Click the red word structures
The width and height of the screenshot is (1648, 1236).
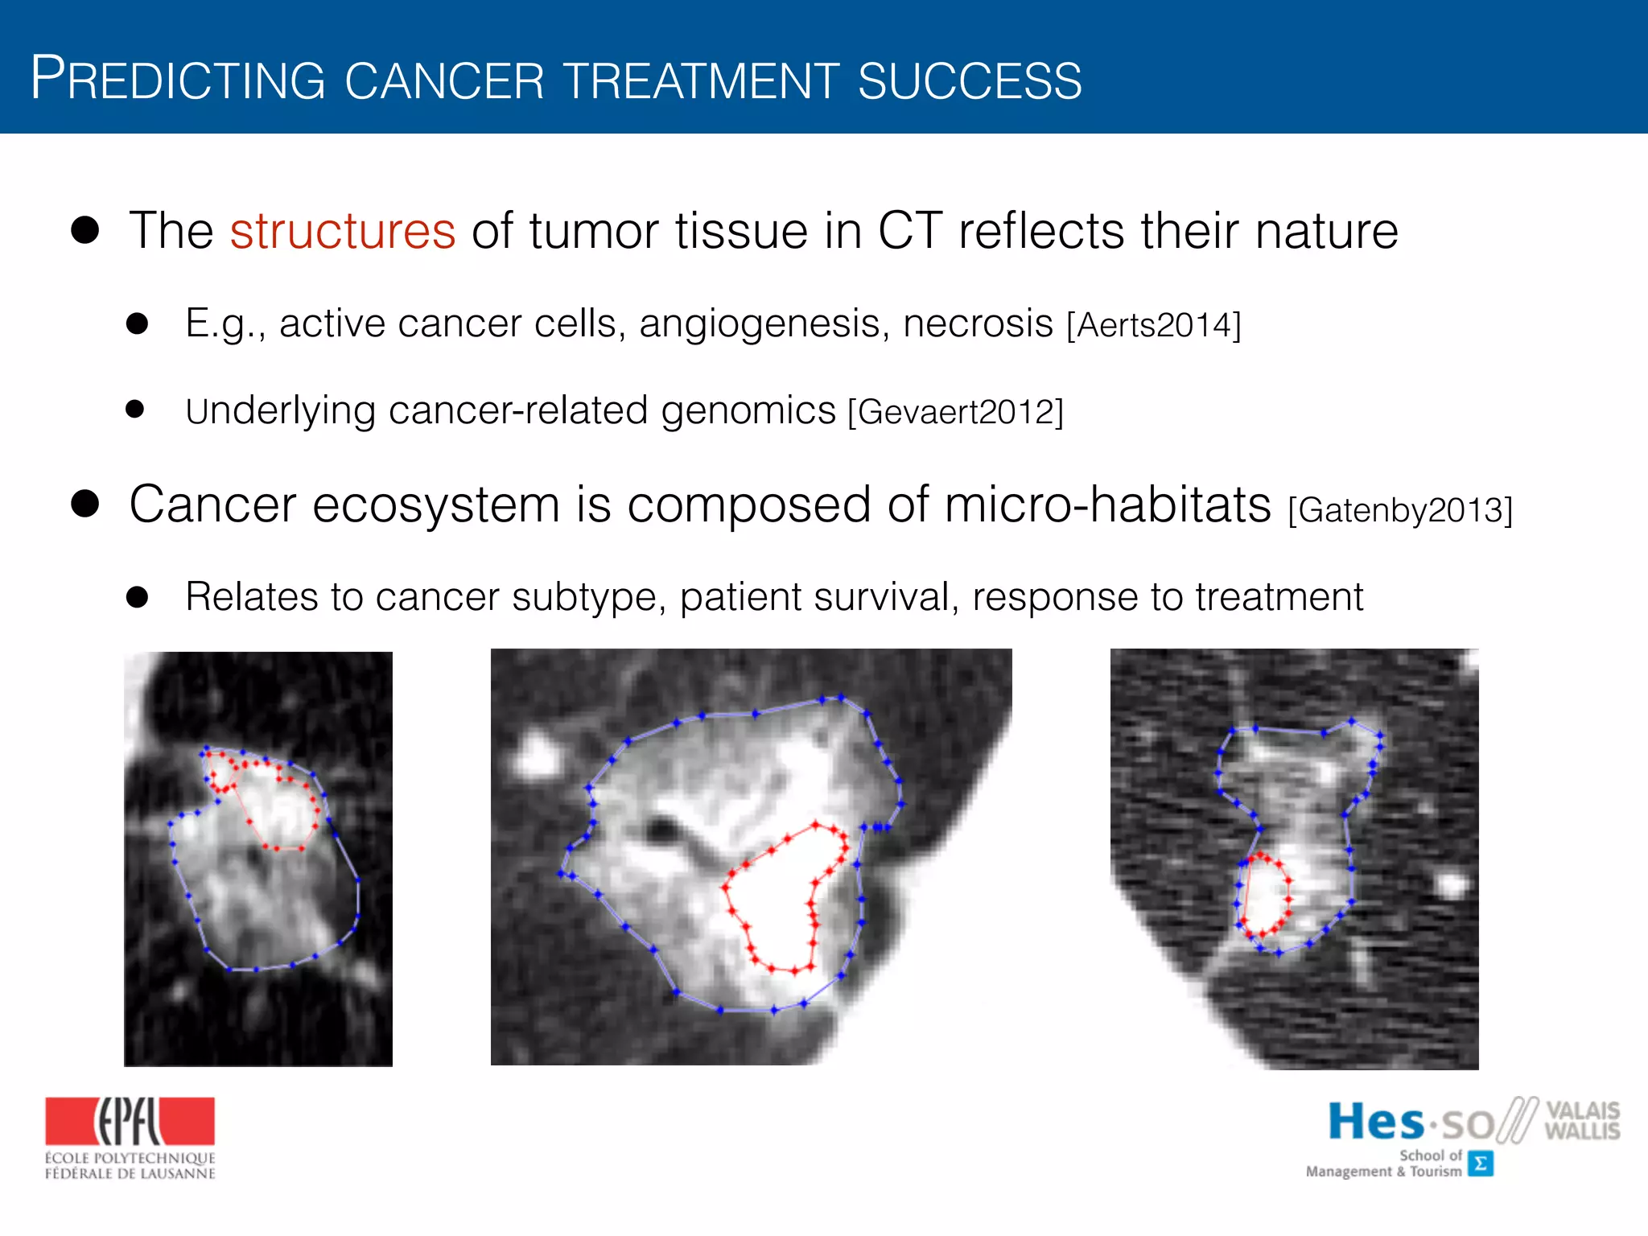(x=343, y=232)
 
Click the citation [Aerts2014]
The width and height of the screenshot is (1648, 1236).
(x=1154, y=326)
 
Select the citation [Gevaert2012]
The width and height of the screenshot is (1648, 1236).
(x=955, y=412)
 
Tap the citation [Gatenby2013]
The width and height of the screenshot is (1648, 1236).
(x=1400, y=510)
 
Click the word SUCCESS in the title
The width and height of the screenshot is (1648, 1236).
(x=970, y=81)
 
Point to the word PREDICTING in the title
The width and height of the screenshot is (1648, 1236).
(x=178, y=80)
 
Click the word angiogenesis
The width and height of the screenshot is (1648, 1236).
(x=764, y=324)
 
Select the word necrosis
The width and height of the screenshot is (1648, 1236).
(x=978, y=324)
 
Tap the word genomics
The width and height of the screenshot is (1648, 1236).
(x=748, y=411)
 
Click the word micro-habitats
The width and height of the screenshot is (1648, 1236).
(x=1107, y=505)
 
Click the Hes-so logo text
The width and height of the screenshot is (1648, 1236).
(x=1410, y=1123)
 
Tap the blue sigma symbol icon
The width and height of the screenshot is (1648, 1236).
(x=1480, y=1164)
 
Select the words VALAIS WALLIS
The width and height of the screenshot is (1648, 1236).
(x=1581, y=1120)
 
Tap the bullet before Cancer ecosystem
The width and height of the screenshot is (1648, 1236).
(x=85, y=505)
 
